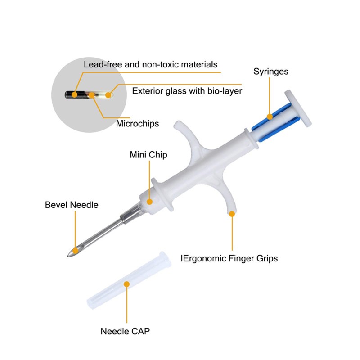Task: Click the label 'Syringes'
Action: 271,72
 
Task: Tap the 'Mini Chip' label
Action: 148,155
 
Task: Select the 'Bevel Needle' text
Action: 72,205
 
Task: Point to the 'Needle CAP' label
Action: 125,331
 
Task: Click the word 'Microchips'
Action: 137,123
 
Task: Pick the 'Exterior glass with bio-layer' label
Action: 187,91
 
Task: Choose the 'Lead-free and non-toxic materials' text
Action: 150,64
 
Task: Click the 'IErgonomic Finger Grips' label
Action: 229,258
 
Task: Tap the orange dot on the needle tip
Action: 75,251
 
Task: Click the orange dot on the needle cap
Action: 126,284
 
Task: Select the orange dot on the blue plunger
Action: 270,117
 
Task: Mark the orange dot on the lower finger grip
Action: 232,214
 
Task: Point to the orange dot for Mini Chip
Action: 149,202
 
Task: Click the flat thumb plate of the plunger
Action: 298,108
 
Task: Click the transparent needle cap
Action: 129,280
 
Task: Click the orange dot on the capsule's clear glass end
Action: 108,95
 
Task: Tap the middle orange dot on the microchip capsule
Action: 92,95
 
